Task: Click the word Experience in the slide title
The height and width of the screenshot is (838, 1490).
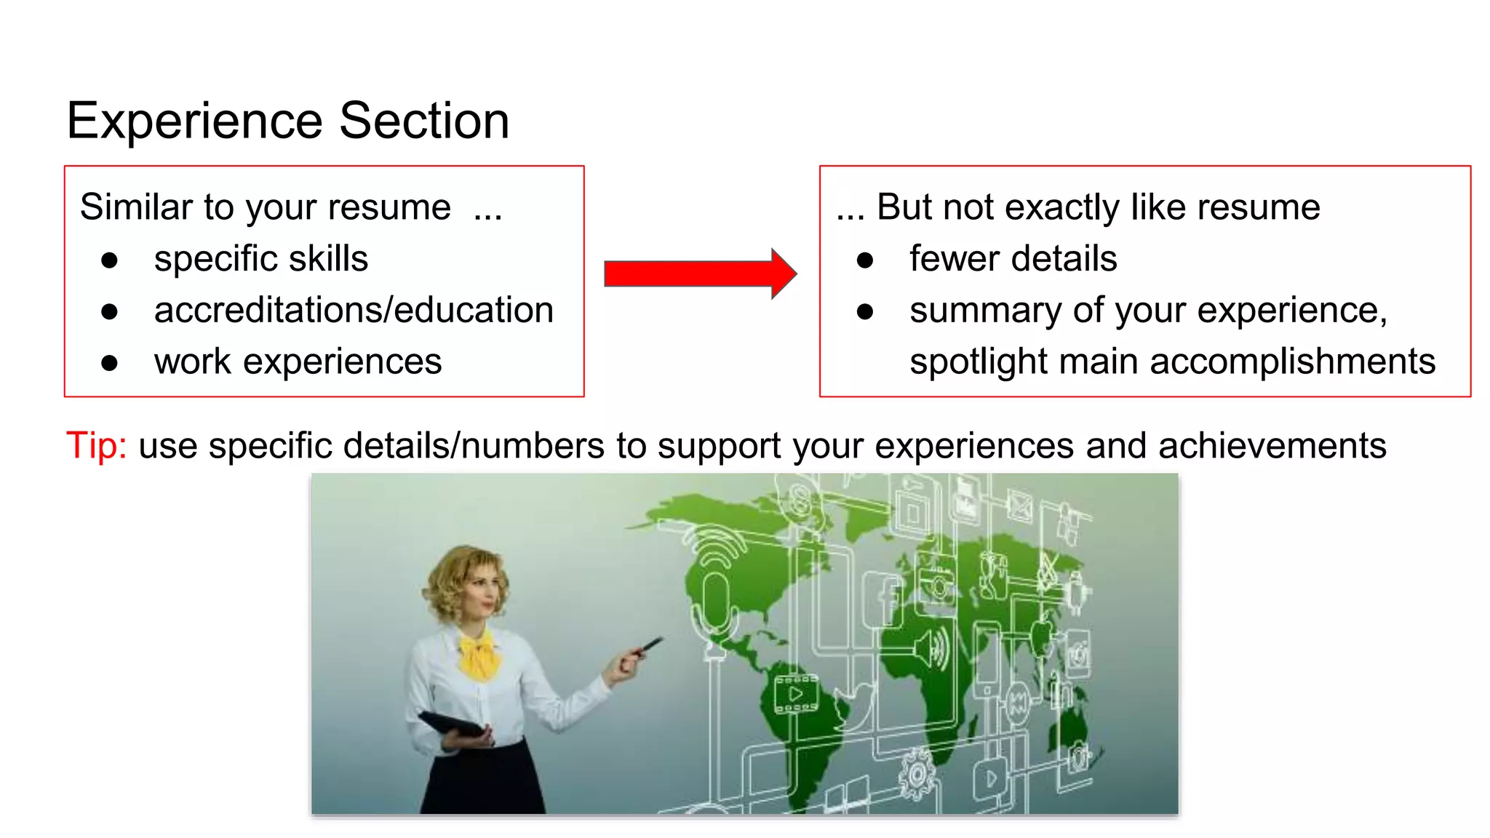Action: pyautogui.click(x=194, y=121)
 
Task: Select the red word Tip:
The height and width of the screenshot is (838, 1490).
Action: pyautogui.click(x=96, y=445)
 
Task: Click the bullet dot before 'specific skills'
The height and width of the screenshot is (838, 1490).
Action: pyautogui.click(x=110, y=260)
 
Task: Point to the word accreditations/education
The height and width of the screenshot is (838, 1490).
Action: pyautogui.click(x=354, y=310)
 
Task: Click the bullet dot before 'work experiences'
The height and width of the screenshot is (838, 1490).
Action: pyautogui.click(x=110, y=363)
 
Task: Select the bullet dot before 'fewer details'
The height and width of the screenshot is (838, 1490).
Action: pyautogui.click(x=865, y=260)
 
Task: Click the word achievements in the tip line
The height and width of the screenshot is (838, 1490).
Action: pyautogui.click(x=1272, y=445)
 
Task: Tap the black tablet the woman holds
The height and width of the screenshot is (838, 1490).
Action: pyautogui.click(x=453, y=724)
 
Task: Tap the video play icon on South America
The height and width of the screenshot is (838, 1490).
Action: pyautogui.click(x=795, y=693)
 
